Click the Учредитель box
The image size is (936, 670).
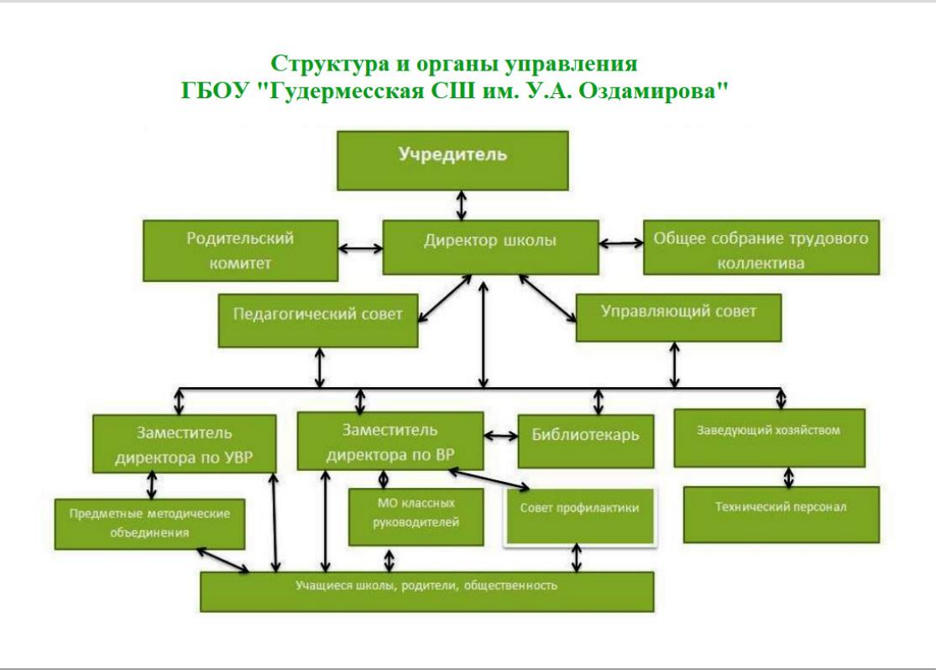coord(452,160)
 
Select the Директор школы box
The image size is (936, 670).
coord(489,247)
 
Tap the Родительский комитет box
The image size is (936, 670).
coord(240,250)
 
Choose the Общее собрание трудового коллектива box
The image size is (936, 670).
coord(761,249)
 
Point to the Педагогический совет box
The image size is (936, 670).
coord(318,319)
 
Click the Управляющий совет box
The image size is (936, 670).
coord(678,317)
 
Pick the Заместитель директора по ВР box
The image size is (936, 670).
coord(390,442)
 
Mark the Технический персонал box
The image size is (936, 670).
coord(781,513)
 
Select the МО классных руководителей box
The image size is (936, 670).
coord(405,516)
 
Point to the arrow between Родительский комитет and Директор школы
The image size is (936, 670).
coord(360,249)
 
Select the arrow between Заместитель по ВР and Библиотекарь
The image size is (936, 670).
coord(501,437)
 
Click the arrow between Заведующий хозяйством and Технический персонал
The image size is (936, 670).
coord(787,477)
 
